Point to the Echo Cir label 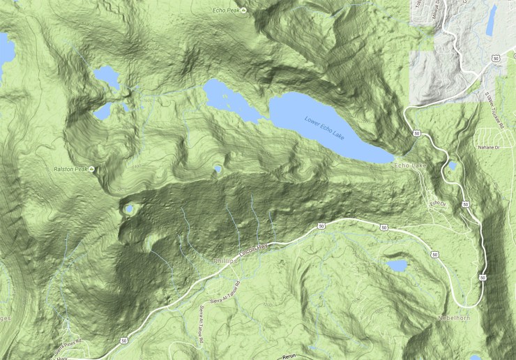(x=437, y=203)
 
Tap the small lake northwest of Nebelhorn (x=396, y=266)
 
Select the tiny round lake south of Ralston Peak (x=129, y=208)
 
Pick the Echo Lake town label (x=409, y=165)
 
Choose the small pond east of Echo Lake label (x=451, y=165)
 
